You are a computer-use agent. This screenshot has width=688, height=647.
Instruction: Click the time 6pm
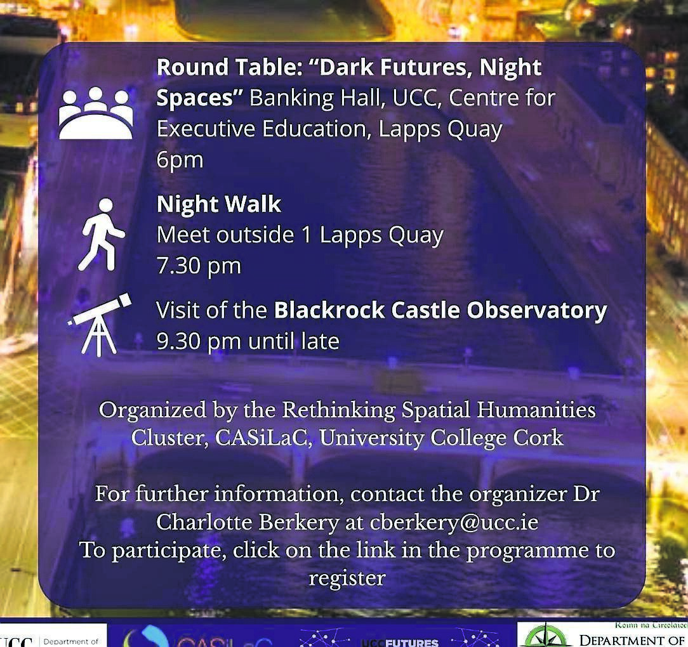pyautogui.click(x=180, y=159)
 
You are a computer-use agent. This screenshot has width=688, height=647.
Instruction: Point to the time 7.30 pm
pyautogui.click(x=199, y=266)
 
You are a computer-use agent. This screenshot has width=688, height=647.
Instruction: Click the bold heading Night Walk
pyautogui.click(x=218, y=204)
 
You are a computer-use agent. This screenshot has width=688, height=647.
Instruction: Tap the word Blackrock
pyautogui.click(x=329, y=310)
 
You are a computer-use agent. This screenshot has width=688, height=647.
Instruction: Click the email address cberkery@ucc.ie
pyautogui.click(x=456, y=522)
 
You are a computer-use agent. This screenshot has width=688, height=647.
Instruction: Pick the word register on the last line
pyautogui.click(x=347, y=578)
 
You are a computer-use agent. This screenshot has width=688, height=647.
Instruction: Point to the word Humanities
pyautogui.click(x=536, y=410)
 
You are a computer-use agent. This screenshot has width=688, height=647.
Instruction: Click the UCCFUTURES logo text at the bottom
pyautogui.click(x=400, y=642)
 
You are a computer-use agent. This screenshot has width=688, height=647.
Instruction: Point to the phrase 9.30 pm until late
pyautogui.click(x=248, y=341)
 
